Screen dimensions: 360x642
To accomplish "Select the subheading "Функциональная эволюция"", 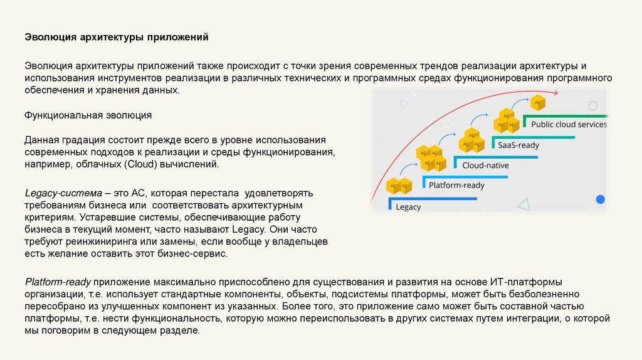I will pos(88,116).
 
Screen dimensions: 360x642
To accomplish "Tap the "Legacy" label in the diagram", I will pos(408,207).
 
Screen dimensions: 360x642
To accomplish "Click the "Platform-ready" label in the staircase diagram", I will pos(456,186).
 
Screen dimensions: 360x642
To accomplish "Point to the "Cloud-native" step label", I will pos(485,166).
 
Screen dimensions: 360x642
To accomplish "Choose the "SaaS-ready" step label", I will pos(518,145).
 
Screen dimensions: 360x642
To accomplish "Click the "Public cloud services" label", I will pos(569,124).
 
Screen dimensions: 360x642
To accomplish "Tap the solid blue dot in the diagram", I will pos(600,199).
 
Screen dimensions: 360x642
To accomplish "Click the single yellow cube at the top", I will pos(537,102).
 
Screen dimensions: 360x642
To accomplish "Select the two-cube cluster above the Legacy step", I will pos(399,186).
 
